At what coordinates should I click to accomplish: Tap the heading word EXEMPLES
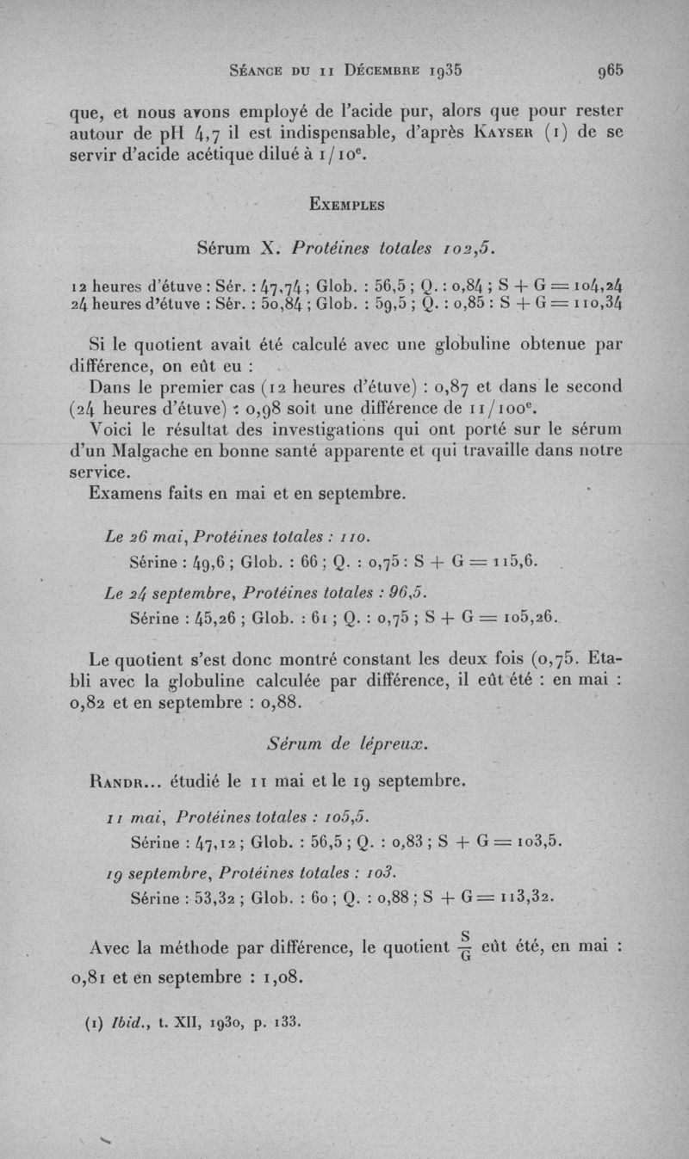coord(344,205)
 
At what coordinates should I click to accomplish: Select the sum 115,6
coord(512,561)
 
